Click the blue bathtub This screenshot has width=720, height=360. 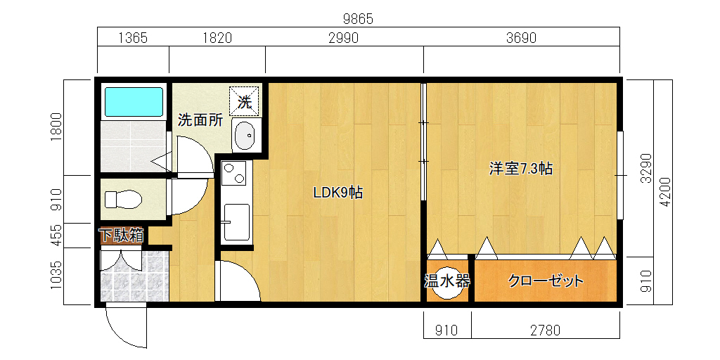point(134,102)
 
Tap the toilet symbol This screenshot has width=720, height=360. point(123,199)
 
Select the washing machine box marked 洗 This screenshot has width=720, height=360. point(244,101)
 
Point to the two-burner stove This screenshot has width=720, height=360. point(233,173)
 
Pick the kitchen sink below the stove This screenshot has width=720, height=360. point(236,222)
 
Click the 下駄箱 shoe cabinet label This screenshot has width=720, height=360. point(122,236)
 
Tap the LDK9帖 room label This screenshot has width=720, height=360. point(338,193)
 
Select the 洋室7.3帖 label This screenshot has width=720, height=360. point(520,169)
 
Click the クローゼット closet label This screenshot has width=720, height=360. point(546,281)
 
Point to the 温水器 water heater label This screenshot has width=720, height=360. point(446,281)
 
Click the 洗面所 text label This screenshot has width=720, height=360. point(200,120)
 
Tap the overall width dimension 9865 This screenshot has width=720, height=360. point(358,19)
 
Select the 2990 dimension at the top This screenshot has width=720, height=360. point(343,38)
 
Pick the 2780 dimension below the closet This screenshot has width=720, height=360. point(546,330)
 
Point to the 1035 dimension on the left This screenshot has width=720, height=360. point(56,276)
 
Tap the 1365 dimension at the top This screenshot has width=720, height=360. point(133,38)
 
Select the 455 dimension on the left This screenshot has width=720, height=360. point(56,235)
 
